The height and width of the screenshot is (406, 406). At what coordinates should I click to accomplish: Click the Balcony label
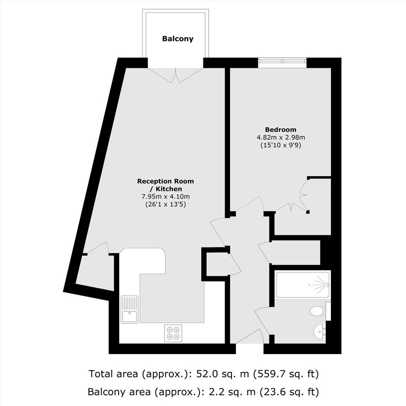point(178,39)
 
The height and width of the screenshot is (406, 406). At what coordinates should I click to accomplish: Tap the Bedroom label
point(281,130)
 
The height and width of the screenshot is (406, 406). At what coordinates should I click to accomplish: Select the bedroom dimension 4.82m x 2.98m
point(281,137)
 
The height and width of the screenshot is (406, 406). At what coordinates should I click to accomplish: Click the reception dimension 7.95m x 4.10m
point(165,197)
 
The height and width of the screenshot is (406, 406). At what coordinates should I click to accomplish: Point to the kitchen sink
point(130,309)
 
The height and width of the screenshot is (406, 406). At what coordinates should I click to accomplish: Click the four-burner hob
point(173,333)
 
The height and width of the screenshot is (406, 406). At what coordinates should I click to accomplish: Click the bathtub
point(303,285)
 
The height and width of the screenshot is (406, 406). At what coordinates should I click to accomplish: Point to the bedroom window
point(282,62)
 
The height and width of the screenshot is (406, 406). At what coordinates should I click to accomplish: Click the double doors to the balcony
point(175,75)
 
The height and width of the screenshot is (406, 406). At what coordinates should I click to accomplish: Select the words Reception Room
point(165,181)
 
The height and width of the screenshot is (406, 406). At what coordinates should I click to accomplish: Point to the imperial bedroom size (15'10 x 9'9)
point(281,145)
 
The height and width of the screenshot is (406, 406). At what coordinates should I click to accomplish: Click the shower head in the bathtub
point(327,285)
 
